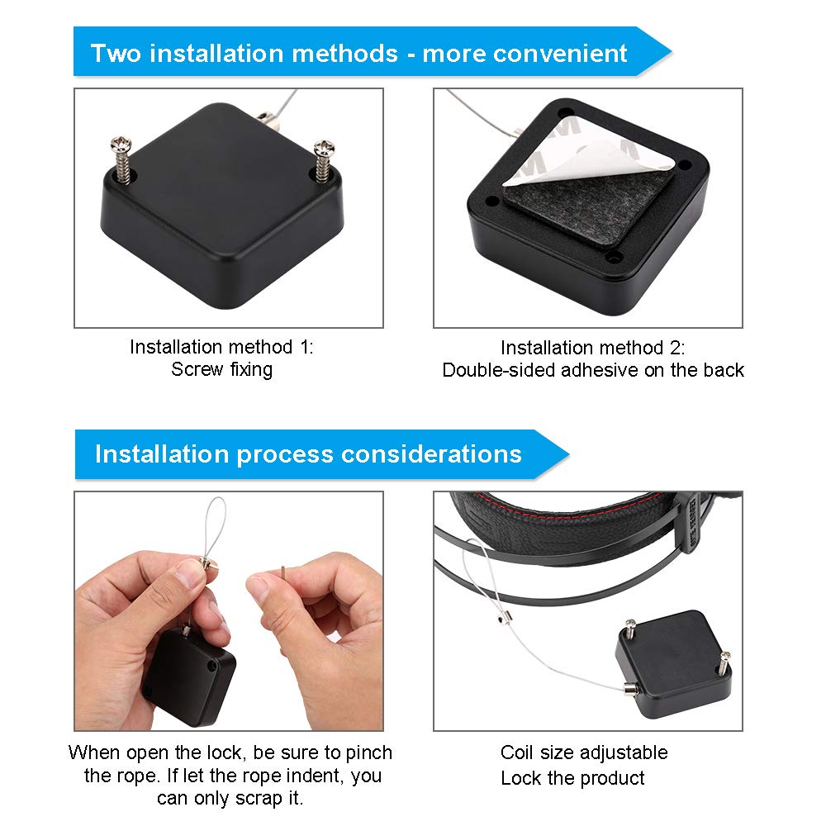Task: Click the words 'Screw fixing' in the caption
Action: click(x=221, y=368)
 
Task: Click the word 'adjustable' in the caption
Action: click(x=624, y=752)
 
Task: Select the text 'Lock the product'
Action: click(x=572, y=778)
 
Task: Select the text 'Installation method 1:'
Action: click(x=221, y=347)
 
